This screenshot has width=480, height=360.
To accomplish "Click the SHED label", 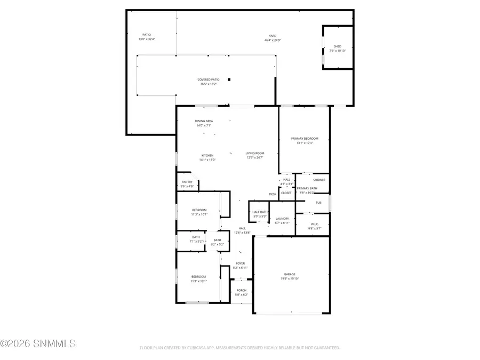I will [x=337, y=46].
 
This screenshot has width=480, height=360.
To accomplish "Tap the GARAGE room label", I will [x=289, y=274].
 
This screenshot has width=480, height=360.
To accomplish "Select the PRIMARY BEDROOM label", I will [x=305, y=138].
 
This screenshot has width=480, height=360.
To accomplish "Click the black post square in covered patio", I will [x=229, y=79].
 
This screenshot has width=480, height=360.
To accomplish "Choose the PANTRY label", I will [x=187, y=182].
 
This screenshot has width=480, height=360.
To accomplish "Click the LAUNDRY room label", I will [x=282, y=218].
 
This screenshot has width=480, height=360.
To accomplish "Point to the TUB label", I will [x=318, y=203].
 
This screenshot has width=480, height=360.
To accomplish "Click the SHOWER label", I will [x=319, y=180].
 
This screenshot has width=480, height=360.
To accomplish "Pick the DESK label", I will [x=273, y=194].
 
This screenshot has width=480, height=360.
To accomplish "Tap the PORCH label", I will [x=242, y=291].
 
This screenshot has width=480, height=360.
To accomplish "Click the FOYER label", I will [x=241, y=263].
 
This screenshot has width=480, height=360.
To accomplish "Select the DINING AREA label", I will [x=204, y=121].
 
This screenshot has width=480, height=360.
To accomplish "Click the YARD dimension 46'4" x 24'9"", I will [x=273, y=40].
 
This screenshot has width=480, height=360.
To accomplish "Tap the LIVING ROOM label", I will [x=255, y=153].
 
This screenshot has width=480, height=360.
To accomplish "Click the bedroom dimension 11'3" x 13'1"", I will [x=199, y=281].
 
